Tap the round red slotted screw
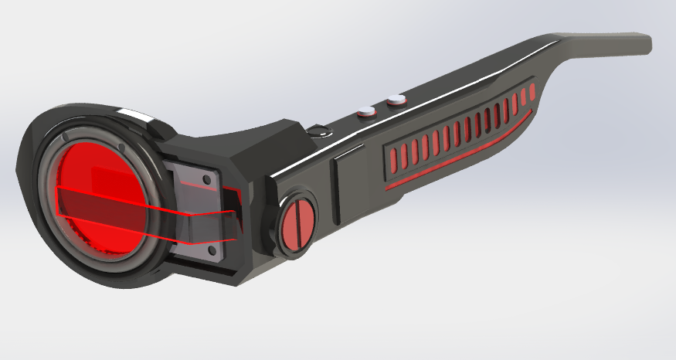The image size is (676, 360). click(297, 223)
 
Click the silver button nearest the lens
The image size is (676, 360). click(365, 112)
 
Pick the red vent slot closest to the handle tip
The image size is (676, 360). click(530, 94)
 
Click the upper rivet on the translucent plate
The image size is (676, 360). click(206, 182)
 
